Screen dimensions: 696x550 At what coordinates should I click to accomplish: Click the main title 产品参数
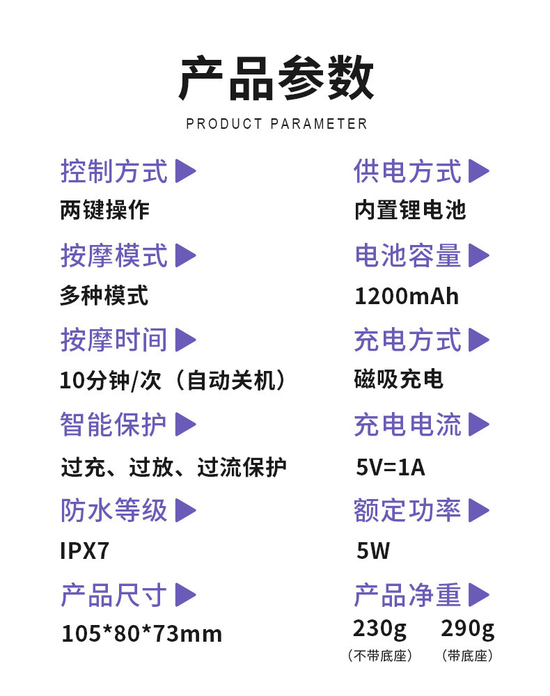tap(276, 79)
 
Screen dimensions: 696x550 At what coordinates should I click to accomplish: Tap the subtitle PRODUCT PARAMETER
tap(276, 125)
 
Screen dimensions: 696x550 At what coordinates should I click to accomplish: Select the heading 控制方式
tap(114, 171)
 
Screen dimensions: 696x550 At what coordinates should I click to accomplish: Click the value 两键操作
tap(104, 210)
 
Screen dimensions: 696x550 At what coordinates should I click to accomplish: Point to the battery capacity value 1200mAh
tap(407, 296)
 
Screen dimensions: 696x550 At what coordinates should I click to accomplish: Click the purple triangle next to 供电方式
tap(478, 171)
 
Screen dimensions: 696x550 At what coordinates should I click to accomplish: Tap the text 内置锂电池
tap(409, 210)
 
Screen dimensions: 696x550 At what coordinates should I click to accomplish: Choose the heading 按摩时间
tap(114, 340)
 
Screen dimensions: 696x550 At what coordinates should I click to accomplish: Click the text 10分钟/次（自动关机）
tap(173, 381)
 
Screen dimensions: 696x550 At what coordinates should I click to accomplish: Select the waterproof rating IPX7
tap(85, 551)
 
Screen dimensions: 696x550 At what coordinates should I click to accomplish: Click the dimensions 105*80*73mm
tap(142, 634)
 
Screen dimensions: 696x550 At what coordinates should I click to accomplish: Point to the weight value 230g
tap(379, 628)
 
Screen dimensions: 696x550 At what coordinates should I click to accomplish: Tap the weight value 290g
tap(467, 628)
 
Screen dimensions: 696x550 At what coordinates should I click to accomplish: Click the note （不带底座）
tap(379, 656)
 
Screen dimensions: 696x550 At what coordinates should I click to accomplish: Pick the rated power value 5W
tap(373, 551)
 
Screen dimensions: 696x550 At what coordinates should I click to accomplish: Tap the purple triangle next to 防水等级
tap(184, 511)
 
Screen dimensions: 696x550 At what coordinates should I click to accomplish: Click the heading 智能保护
tap(114, 425)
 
